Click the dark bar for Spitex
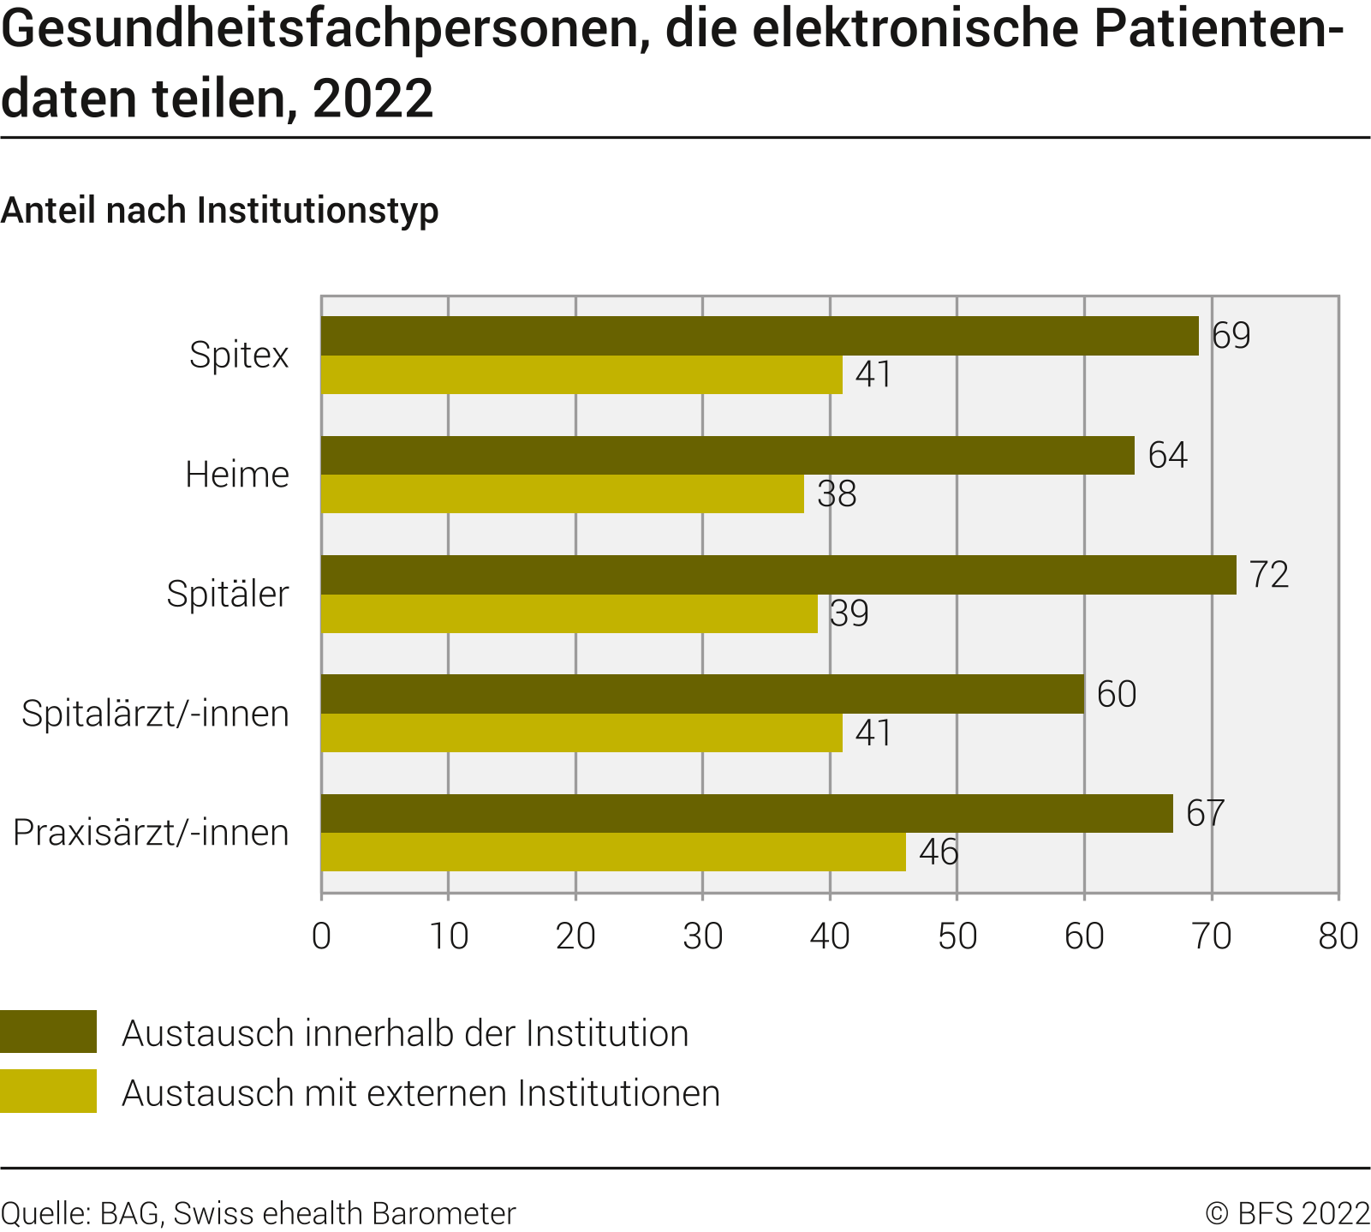click(x=760, y=336)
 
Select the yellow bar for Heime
click(x=563, y=494)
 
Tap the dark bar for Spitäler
click(x=778, y=575)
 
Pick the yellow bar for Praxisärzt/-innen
click(x=613, y=852)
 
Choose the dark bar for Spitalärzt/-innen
click(x=702, y=694)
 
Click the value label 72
click(x=1269, y=575)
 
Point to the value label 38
click(x=837, y=494)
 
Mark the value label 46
click(x=939, y=852)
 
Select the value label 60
click(x=1116, y=694)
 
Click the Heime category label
click(x=237, y=475)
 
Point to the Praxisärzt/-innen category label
click(x=151, y=833)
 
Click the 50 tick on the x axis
click(x=957, y=936)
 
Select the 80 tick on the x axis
click(x=1338, y=936)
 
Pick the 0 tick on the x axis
click(x=322, y=936)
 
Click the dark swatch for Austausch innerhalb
click(x=48, y=1032)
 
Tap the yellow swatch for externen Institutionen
click(x=48, y=1091)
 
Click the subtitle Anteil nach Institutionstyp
click(x=219, y=211)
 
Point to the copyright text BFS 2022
click(x=1288, y=1214)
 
